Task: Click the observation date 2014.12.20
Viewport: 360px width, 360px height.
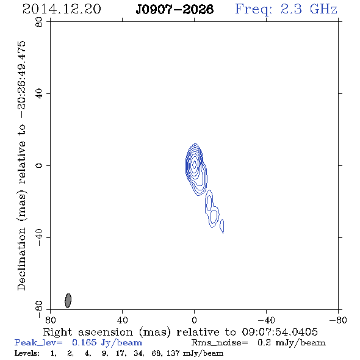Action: point(62,9)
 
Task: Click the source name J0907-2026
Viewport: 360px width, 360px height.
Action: point(175,9)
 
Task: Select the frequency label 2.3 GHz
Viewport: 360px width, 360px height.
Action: point(309,9)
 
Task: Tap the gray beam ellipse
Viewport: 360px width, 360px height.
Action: point(68,301)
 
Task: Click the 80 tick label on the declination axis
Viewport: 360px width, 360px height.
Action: point(39,22)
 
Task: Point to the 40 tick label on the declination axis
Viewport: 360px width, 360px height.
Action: point(39,94)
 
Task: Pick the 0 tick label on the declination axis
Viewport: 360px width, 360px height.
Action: point(39,165)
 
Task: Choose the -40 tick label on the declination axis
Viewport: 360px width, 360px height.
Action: point(39,237)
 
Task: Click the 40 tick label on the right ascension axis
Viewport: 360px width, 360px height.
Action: point(122,320)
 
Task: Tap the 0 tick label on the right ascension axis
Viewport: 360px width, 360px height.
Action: point(194,320)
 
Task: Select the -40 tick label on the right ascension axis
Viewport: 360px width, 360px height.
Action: point(266,320)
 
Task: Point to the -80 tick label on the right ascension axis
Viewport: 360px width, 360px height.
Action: point(338,320)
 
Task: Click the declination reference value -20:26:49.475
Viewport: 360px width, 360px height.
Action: point(22,80)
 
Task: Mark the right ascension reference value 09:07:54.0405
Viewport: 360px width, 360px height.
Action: point(280,332)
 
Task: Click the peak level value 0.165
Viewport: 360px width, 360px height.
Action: point(84,342)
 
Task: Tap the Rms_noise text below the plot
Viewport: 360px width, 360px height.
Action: point(220,343)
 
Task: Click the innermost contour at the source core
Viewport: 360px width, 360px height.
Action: point(194,164)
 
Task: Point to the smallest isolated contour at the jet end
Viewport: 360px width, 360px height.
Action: point(222,226)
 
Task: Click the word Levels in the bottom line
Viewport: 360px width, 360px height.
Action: point(27,353)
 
